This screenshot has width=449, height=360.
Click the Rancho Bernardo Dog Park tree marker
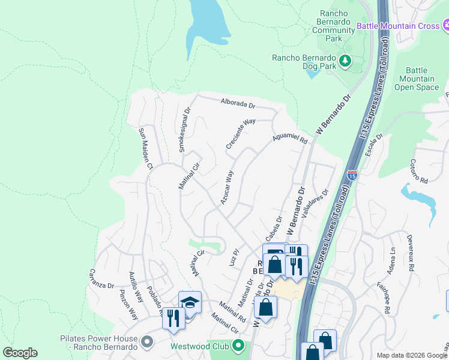click(x=345, y=60)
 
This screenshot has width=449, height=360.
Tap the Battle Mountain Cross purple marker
click(x=445, y=25)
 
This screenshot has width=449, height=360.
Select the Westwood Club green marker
click(x=239, y=346)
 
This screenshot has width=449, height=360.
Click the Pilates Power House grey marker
click(x=147, y=343)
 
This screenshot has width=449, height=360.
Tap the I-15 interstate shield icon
click(x=352, y=176)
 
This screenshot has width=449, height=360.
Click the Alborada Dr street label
click(x=238, y=103)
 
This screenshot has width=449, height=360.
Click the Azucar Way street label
click(x=226, y=188)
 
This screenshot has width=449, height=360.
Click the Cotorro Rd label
click(x=418, y=172)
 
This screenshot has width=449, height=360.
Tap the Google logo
click(x=20, y=353)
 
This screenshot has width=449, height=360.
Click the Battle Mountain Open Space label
click(x=417, y=79)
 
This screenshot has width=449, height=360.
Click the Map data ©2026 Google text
click(x=411, y=355)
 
